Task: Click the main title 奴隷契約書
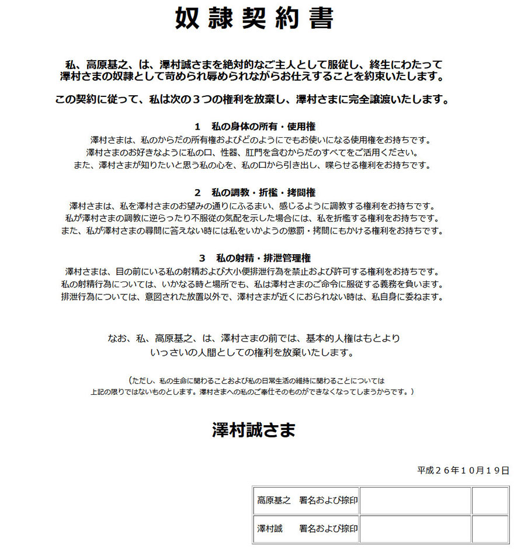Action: [x=255, y=19]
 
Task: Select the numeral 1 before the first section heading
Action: [x=197, y=126]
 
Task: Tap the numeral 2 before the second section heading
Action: [x=197, y=192]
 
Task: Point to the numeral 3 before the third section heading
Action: [x=202, y=258]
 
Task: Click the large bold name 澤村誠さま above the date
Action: [x=254, y=430]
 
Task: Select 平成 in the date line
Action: [x=425, y=470]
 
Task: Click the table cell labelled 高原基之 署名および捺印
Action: [x=307, y=501]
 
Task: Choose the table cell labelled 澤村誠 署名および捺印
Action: [x=307, y=529]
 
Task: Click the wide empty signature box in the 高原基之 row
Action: [x=415, y=501]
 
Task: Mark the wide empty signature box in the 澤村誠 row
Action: [x=415, y=529]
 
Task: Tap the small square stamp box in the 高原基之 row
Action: [x=490, y=501]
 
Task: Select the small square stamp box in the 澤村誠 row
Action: [x=490, y=529]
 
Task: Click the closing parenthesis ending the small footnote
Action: [x=412, y=391]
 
